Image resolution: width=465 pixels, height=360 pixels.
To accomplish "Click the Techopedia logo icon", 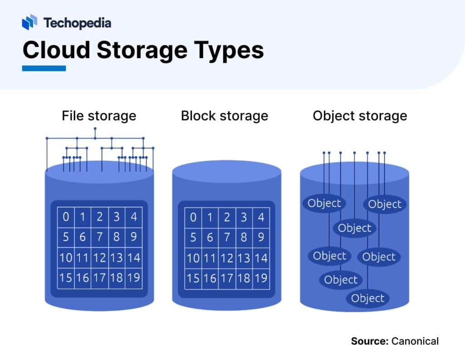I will pos(30,22).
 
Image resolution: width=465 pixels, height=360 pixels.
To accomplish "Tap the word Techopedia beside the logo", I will pos(77,23).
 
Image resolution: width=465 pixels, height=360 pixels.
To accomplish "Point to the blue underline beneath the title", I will pos(44,68).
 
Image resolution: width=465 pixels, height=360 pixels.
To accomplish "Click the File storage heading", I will pos(99,116).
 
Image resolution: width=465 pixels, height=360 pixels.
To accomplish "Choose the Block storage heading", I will pos(224,116).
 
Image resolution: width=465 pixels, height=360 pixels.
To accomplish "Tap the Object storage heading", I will pos(360,116).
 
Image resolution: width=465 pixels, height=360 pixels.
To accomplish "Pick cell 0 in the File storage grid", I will pos(66,217).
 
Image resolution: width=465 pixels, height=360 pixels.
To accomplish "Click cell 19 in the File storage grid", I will pos(134,277).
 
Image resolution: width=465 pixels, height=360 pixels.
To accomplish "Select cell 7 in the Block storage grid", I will pos(227,237).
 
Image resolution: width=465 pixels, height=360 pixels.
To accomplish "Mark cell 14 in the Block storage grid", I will pos(261,257).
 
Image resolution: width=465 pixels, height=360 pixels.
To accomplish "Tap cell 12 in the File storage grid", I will pos(99,257).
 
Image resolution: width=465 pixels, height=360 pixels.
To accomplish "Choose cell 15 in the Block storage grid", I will pos(193,277).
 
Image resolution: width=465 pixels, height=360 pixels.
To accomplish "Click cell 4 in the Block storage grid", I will pos(261,217).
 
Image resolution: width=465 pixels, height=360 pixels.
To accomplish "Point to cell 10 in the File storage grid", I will pos(66,257).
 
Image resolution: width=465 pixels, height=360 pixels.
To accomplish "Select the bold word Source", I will pos(368,341).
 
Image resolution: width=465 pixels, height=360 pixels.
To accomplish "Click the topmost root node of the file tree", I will pos(95,128).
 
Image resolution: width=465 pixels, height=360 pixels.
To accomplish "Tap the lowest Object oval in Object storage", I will pos(368,298).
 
